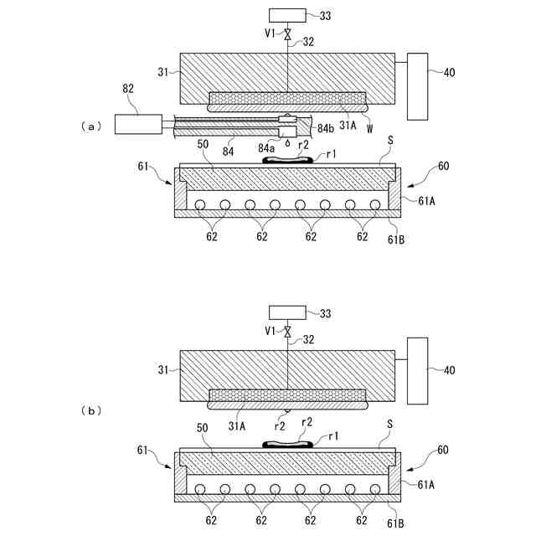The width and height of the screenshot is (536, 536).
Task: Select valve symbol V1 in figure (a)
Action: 287,34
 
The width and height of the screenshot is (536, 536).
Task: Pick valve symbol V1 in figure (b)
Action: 287,332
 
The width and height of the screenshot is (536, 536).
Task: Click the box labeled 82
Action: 139,125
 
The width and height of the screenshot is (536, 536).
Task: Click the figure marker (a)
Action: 90,126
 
